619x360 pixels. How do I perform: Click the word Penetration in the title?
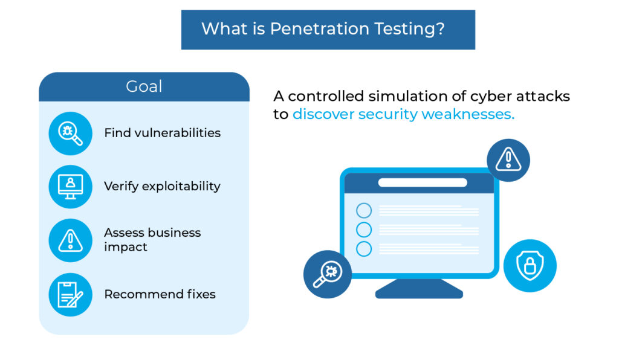320,29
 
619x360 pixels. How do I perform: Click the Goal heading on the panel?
144,86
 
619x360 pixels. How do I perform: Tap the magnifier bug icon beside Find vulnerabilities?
70,133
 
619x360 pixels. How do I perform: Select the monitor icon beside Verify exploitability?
70,187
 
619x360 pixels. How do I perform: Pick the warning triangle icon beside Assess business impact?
70,240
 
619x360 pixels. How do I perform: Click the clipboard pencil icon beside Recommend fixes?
70,295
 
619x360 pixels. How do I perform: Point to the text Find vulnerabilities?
162,133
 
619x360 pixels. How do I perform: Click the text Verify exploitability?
162,186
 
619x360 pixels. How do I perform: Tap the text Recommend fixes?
160,294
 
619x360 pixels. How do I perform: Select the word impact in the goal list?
126,247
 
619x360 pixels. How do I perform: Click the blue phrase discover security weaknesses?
403,114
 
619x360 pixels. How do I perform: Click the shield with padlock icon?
530,266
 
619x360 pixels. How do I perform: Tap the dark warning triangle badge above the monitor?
508,160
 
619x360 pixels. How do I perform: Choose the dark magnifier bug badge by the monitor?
327,274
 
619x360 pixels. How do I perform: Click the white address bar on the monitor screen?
423,182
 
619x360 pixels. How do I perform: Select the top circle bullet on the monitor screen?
363,211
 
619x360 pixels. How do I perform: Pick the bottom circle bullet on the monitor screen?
363,249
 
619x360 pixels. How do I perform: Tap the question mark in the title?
440,28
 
